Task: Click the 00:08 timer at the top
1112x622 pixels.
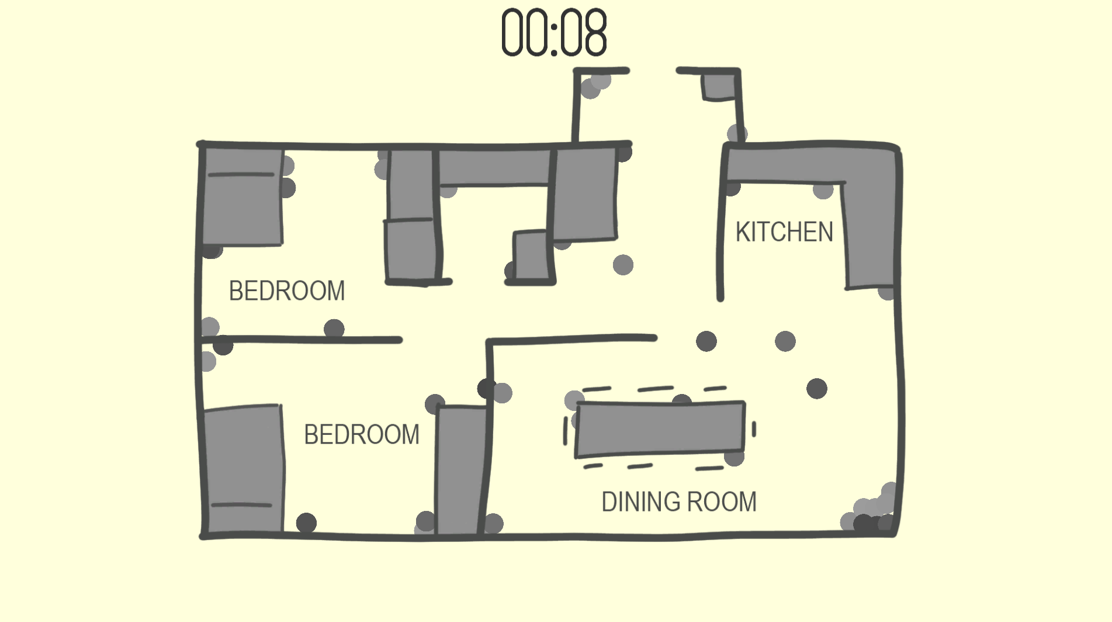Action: (554, 33)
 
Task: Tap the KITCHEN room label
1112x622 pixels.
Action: (784, 232)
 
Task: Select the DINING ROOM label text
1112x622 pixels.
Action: (679, 502)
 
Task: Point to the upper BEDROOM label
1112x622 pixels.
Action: (287, 291)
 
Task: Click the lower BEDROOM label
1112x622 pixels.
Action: (362, 435)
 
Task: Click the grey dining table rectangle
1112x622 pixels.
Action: (660, 429)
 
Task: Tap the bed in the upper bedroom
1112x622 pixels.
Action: (242, 196)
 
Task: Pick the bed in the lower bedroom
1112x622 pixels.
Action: (243, 469)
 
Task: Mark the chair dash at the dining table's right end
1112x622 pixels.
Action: (754, 430)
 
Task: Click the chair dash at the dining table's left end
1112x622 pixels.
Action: (565, 431)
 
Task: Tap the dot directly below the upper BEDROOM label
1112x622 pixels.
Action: (334, 329)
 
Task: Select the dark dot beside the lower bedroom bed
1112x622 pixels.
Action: (306, 523)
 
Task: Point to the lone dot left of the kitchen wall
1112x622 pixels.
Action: (623, 265)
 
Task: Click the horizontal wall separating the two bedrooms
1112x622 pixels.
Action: (302, 340)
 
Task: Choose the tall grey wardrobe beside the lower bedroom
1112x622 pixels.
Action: (462, 470)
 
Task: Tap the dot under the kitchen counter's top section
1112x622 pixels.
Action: (823, 190)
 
